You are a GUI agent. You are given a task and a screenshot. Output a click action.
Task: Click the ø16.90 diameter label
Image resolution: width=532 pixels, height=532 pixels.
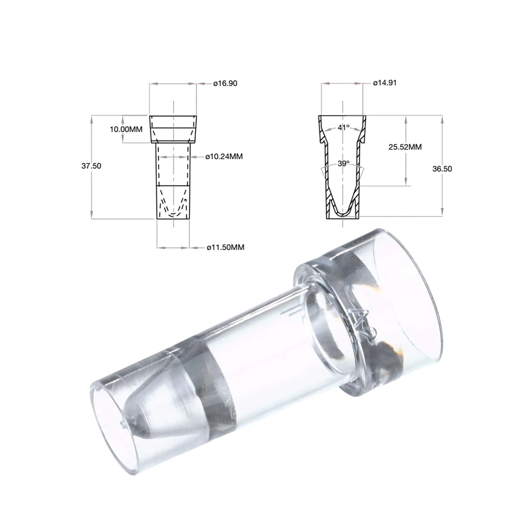[x=225, y=83]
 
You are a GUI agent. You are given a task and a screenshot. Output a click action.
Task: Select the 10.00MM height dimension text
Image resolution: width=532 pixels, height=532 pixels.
[x=126, y=129]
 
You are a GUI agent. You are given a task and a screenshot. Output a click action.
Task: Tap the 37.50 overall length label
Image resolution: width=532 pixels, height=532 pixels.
[x=91, y=166]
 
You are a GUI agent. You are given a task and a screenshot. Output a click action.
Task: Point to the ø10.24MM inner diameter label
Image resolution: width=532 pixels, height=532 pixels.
[x=224, y=156]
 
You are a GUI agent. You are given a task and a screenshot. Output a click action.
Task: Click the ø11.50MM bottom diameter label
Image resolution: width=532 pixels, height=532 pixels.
[x=225, y=247]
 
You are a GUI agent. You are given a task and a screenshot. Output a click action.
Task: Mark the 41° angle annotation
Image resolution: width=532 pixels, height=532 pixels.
[x=343, y=127]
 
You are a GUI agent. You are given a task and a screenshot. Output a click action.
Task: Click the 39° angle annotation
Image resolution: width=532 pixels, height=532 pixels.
[x=343, y=163]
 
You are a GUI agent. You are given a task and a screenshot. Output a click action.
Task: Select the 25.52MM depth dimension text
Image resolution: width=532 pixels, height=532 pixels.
[x=405, y=147]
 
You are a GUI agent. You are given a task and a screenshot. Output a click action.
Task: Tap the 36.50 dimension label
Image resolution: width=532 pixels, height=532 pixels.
[x=442, y=169]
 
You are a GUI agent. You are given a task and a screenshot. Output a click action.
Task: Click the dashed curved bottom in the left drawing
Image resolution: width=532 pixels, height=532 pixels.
[x=173, y=213]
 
